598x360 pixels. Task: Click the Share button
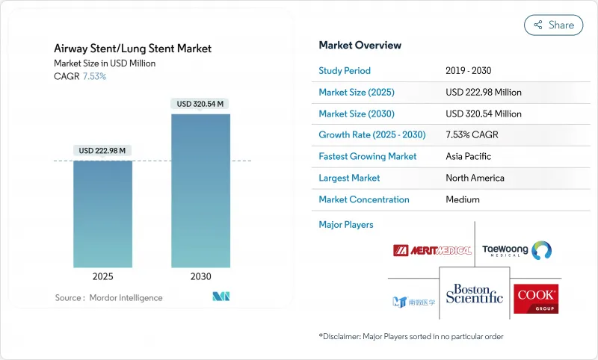pos(553,25)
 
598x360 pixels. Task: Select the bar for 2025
pos(103,214)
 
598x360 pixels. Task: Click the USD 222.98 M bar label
pos(103,151)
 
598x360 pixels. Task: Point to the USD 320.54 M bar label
pos(200,104)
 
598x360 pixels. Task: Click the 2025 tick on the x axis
pos(103,276)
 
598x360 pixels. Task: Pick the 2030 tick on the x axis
pos(200,276)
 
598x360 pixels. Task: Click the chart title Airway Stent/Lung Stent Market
pos(132,49)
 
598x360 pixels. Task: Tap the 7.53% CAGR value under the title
pos(93,76)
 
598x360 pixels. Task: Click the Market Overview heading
pos(360,46)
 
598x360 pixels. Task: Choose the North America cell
pos(475,178)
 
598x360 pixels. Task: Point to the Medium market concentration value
pos(463,199)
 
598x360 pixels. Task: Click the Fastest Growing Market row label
pos(368,157)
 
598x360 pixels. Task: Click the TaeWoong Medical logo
pos(517,249)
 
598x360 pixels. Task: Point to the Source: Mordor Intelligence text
pos(108,298)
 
